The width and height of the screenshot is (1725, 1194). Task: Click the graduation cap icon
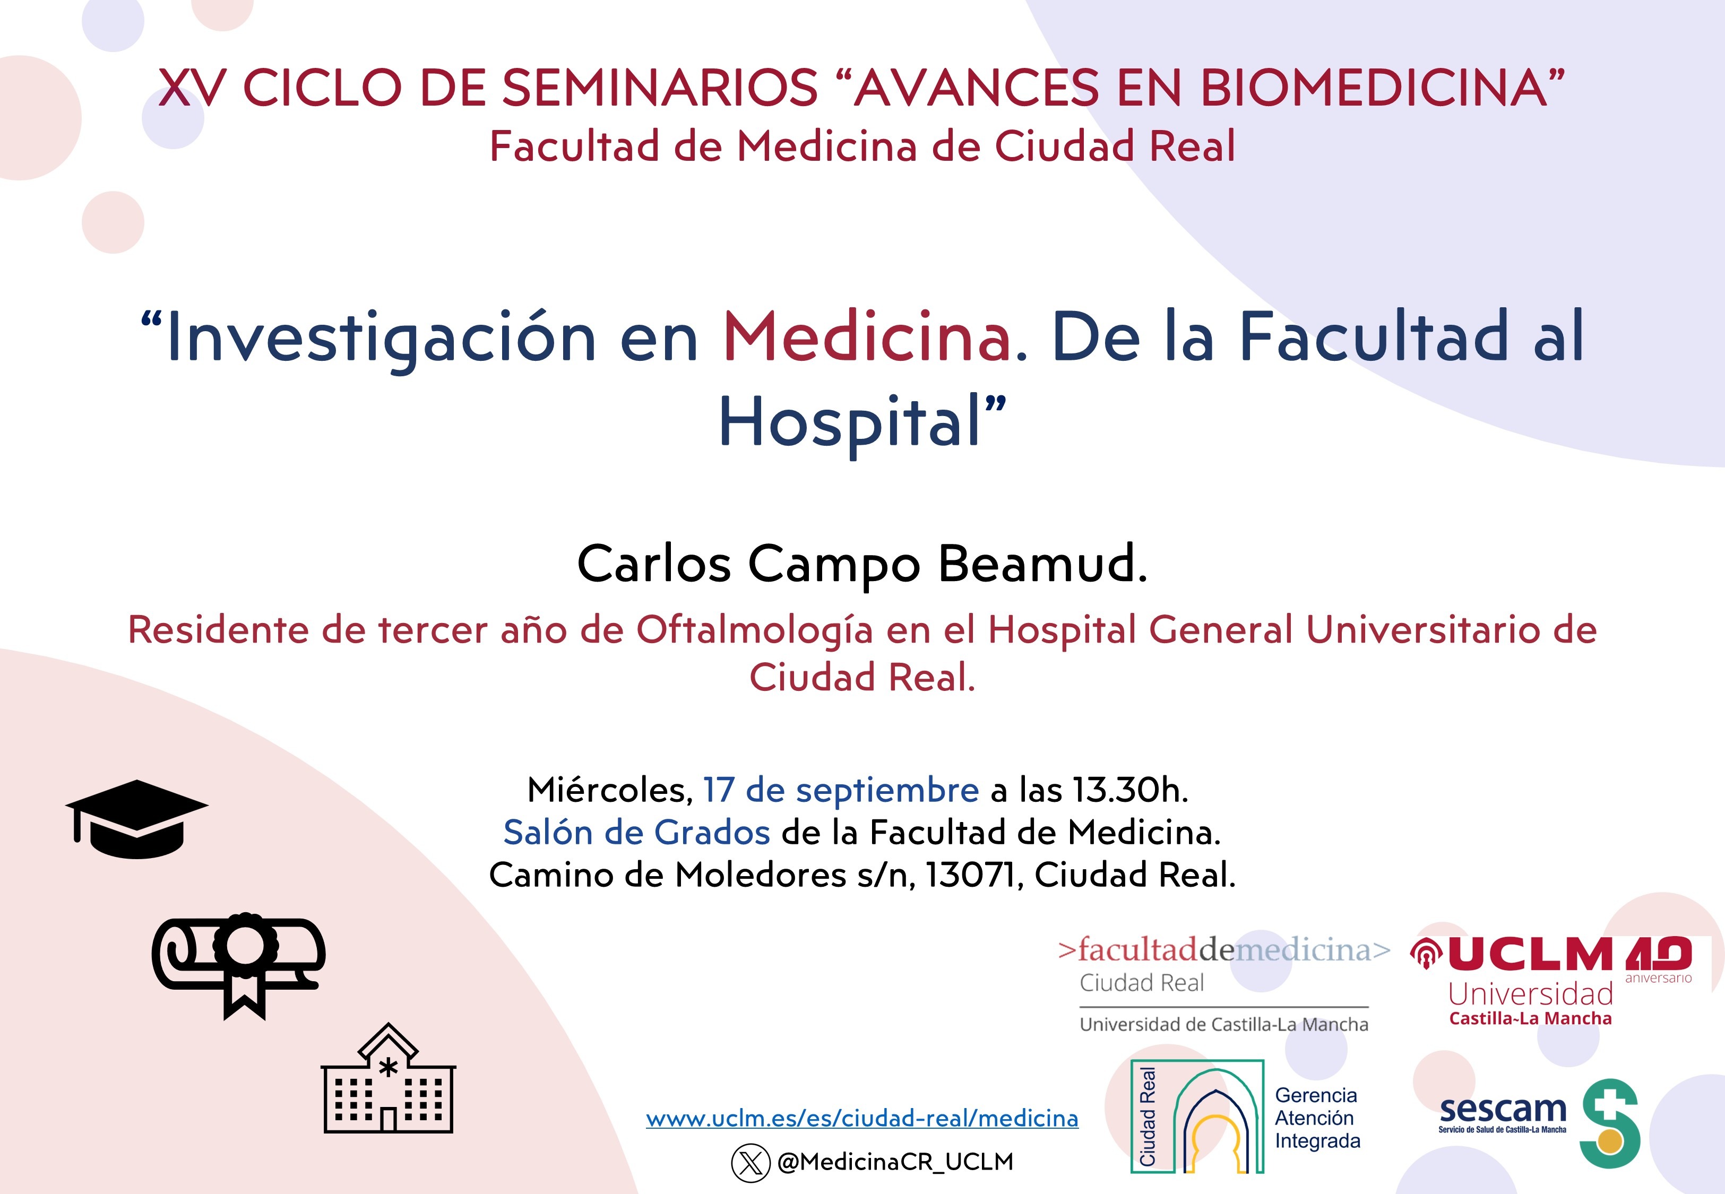point(136,819)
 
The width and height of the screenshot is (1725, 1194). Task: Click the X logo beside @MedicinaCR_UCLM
point(751,1163)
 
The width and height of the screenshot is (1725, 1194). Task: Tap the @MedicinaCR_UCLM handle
point(895,1162)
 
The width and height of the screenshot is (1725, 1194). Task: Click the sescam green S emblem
point(1610,1123)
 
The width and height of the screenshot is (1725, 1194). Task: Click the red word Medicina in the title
point(868,338)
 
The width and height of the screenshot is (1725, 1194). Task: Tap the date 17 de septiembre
point(841,790)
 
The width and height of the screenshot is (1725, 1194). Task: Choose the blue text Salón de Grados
point(636,832)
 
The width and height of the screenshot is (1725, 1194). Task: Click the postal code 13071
point(974,875)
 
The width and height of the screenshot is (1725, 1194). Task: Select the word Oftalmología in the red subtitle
point(755,630)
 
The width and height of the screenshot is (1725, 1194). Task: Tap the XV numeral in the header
point(192,88)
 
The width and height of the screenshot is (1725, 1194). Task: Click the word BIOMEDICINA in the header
point(1374,88)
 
